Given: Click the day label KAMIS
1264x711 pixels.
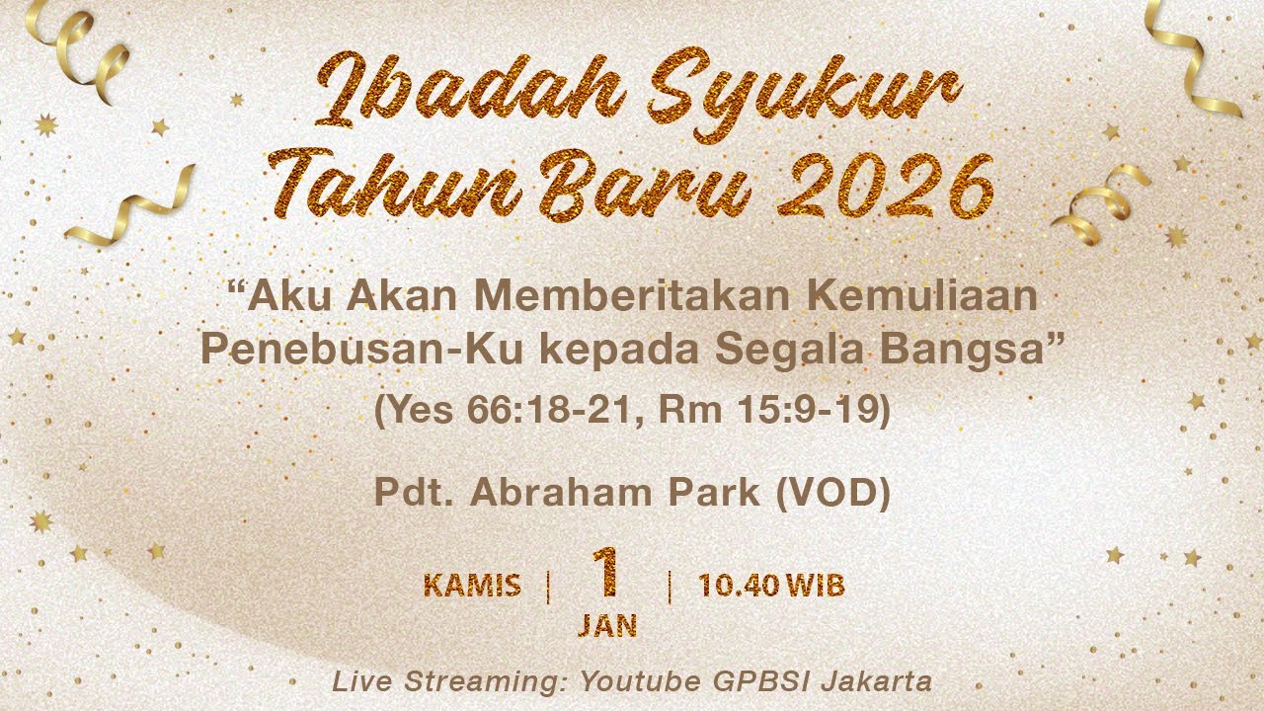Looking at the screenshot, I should tap(472, 586).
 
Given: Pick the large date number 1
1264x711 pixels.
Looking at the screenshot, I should tap(606, 573).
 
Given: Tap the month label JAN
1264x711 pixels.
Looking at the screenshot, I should tap(607, 626).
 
